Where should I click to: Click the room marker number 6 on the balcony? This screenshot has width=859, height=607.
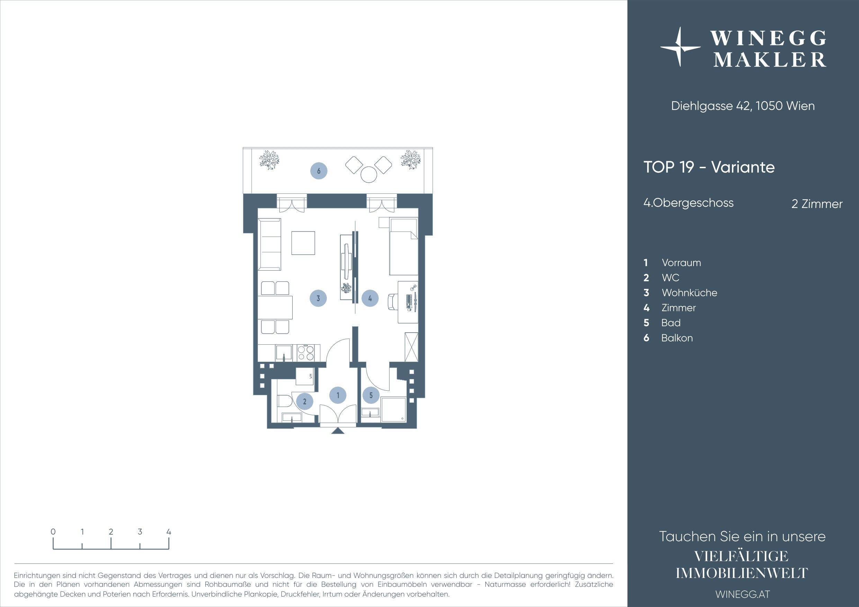pos(319,171)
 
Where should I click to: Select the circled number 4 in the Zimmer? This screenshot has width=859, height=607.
pos(370,298)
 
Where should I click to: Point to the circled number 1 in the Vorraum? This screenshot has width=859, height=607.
pos(338,395)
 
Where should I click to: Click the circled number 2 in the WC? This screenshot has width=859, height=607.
pos(305,401)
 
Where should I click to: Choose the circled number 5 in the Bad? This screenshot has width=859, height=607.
pos(371,395)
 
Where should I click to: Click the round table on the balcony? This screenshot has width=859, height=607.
pos(368,174)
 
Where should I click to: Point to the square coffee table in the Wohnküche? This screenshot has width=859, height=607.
pos(303,243)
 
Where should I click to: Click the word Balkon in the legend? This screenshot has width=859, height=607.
pos(677,338)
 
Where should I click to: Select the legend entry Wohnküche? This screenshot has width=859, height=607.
pos(689,293)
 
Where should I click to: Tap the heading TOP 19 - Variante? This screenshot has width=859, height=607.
pos(709,167)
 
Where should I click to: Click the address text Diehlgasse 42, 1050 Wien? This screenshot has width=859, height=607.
pos(743,106)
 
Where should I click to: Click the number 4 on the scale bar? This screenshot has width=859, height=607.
pos(169,532)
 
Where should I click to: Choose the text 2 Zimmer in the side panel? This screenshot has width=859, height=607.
pos(817,204)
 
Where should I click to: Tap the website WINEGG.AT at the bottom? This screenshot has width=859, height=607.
pos(743,594)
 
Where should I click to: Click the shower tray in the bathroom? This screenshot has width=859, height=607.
pos(393,409)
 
